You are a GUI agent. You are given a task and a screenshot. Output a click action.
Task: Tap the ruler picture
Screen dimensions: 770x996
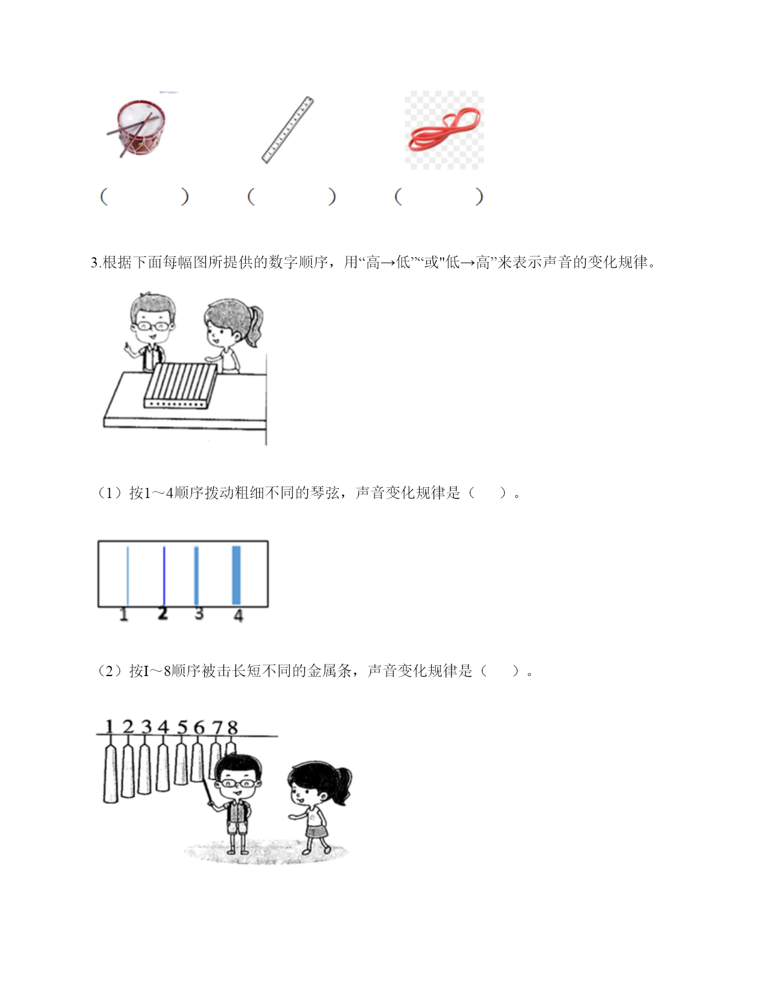(287, 130)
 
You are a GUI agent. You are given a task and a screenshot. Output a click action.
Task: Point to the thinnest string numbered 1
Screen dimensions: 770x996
(127, 575)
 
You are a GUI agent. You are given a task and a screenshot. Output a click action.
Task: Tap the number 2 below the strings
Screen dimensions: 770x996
(162, 613)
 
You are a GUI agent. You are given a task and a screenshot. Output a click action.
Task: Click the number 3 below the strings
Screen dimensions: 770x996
(199, 613)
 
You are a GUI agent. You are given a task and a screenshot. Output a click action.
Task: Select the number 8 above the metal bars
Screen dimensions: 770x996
(232, 727)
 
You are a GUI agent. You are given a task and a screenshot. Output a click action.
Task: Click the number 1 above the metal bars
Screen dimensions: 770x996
(109, 726)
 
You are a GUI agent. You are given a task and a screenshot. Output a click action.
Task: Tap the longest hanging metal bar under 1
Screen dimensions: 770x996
(111, 774)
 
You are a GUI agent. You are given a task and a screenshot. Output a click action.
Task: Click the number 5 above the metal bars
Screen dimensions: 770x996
(182, 727)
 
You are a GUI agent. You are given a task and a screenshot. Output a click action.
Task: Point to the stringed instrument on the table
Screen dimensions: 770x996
(181, 385)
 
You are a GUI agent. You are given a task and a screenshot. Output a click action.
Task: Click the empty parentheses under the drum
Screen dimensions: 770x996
(144, 197)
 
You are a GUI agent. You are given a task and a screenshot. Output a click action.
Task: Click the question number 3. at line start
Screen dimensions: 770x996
(96, 263)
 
